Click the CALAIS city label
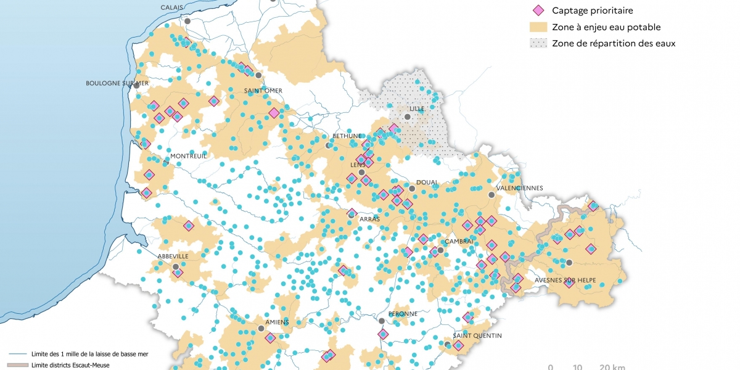pos(173,7)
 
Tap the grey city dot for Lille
pos(407,117)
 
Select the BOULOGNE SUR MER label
pos(117,83)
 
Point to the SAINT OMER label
pos(263,91)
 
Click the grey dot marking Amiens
pos(261,330)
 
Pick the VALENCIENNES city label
pos(520,188)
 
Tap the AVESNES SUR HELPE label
pos(566,279)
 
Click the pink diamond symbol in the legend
pos(538,10)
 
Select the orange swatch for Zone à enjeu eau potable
pos(538,27)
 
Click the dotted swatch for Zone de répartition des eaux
pos(538,44)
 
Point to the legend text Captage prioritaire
pos(593,10)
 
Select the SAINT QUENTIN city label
pos(477,335)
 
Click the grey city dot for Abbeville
pos(176,267)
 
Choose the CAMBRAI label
pos(459,241)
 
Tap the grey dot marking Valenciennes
pos(491,195)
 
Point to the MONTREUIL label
pos(188,156)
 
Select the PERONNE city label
pos(403,313)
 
